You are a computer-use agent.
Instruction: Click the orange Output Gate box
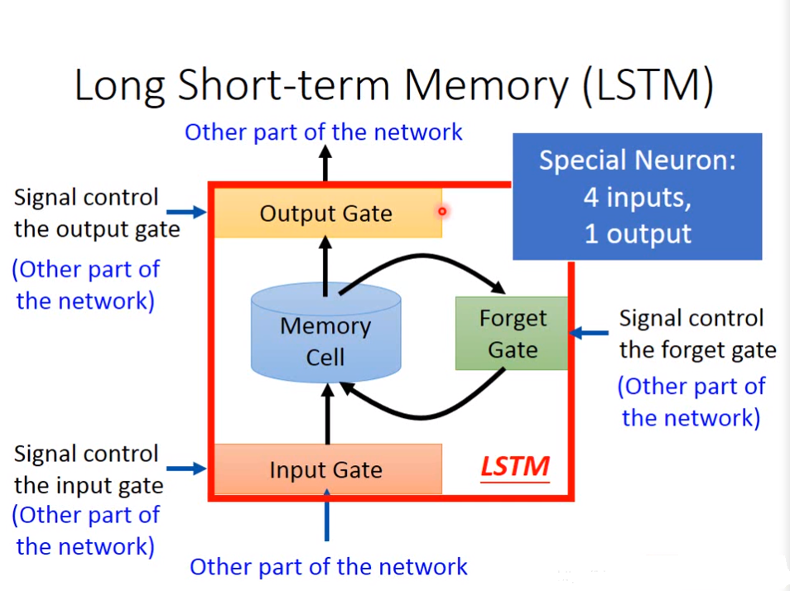point(326,214)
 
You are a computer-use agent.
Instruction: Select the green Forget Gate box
point(512,334)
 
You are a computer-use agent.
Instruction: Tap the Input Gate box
point(326,469)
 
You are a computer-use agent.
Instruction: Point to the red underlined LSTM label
point(514,467)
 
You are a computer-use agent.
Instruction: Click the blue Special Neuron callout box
point(636,197)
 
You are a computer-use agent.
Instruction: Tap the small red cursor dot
point(442,211)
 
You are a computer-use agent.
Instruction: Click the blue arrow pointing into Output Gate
point(193,213)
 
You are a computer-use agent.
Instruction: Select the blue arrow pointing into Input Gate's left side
point(193,468)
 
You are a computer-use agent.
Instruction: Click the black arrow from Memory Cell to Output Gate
point(325,265)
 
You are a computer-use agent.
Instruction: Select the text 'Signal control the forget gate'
point(697,334)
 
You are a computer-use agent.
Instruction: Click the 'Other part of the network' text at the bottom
point(329,567)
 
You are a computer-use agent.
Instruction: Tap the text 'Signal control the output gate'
point(96,213)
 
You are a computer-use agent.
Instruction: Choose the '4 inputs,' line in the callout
point(636,198)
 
